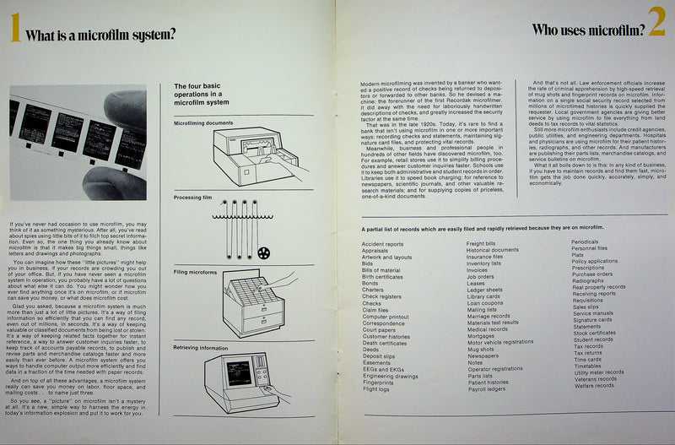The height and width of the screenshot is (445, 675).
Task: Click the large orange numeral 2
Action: pyautogui.click(x=656, y=26)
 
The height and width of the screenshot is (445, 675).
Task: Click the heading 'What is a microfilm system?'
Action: pyautogui.click(x=100, y=35)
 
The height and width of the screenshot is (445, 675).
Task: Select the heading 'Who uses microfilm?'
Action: pyautogui.click(x=588, y=30)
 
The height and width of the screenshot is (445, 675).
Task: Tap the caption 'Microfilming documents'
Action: pyautogui.click(x=202, y=123)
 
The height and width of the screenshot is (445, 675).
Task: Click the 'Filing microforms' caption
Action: pyautogui.click(x=196, y=273)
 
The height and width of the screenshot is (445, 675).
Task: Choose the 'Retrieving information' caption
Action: pyautogui.click(x=203, y=347)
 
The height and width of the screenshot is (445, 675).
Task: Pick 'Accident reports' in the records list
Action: pyautogui.click(x=382, y=244)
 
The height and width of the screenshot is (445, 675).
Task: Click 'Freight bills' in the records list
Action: pyautogui.click(x=481, y=244)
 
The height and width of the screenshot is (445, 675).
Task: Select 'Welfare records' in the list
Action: pyautogui.click(x=594, y=386)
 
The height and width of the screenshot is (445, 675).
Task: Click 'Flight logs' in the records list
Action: pyautogui.click(x=376, y=389)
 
